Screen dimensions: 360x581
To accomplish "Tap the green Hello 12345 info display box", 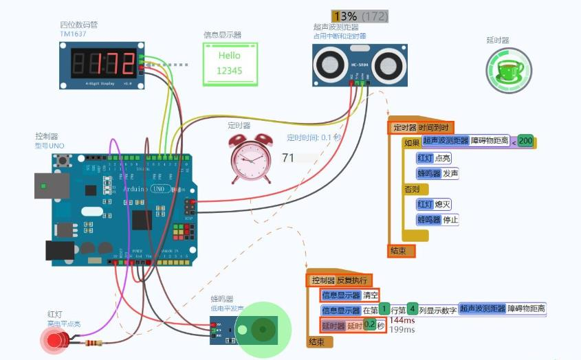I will coord(230,63).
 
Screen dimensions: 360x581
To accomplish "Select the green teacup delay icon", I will coord(509,70).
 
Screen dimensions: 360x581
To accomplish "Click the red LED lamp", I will coord(54,339).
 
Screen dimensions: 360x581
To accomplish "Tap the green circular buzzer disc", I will coord(263,330).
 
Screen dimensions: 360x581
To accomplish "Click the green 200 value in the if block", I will coord(526,142).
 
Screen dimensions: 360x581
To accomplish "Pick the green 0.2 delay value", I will coord(370,324).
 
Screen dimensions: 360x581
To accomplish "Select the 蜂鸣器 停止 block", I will coord(437,220).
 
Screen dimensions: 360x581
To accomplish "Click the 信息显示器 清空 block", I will coord(350,295).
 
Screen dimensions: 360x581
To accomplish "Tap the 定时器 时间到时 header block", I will coord(421,127).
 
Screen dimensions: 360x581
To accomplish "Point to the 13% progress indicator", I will coord(344,16).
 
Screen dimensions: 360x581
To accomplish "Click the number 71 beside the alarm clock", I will coord(288,158).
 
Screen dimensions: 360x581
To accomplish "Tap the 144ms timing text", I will coord(402,320).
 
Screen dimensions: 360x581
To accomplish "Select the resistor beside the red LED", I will coord(94,342).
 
